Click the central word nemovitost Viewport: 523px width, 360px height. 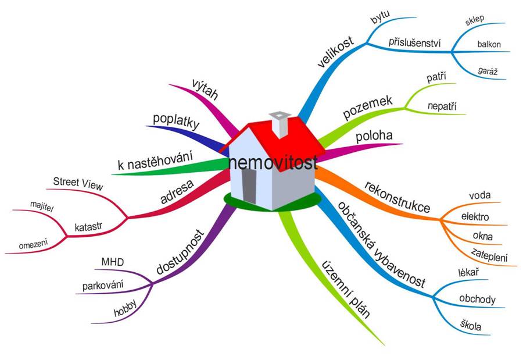[273, 163]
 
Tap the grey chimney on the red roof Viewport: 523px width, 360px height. [280, 124]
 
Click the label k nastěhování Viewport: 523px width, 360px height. [155, 160]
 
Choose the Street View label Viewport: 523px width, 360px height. [78, 183]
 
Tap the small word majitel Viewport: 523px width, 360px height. [42, 206]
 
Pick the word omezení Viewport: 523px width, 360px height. [33, 244]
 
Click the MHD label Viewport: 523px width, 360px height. [112, 262]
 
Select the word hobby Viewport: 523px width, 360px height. [125, 308]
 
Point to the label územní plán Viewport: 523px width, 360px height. [346, 290]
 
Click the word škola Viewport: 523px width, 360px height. [471, 325]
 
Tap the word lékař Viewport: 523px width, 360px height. [468, 272]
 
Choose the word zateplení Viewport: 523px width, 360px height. [489, 255]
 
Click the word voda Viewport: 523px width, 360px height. [479, 195]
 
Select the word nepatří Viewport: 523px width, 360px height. [442, 106]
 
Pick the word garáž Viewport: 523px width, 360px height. [488, 71]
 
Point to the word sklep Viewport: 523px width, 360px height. [475, 20]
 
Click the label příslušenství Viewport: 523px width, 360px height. [414, 42]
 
